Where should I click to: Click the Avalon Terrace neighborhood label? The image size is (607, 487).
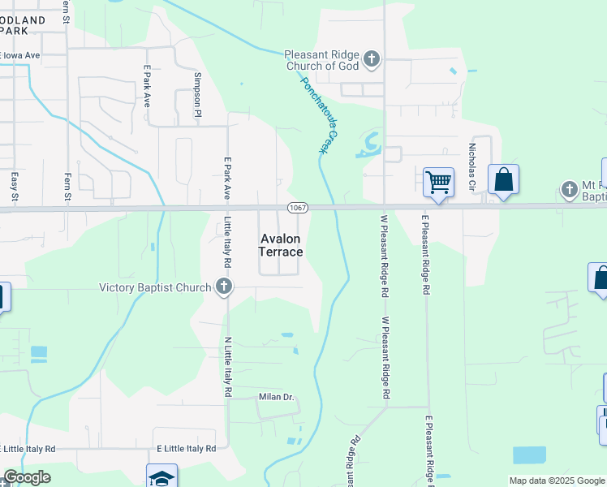[x=281, y=245]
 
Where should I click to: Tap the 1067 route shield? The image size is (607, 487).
[x=298, y=209]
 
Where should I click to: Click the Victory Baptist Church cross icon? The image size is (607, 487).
[x=224, y=287]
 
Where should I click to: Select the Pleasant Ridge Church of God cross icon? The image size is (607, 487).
[x=372, y=58]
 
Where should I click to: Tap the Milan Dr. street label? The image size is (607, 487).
[x=276, y=397]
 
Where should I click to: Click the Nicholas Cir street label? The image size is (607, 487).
[x=471, y=163]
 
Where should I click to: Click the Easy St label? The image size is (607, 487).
[x=15, y=186]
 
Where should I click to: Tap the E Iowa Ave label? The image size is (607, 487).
[x=21, y=56]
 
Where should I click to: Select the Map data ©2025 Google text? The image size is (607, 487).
[x=556, y=481]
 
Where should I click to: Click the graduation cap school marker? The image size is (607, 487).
[x=161, y=476]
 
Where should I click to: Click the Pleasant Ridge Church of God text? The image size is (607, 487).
[x=321, y=60]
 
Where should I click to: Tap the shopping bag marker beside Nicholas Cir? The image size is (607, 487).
[x=503, y=180]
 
